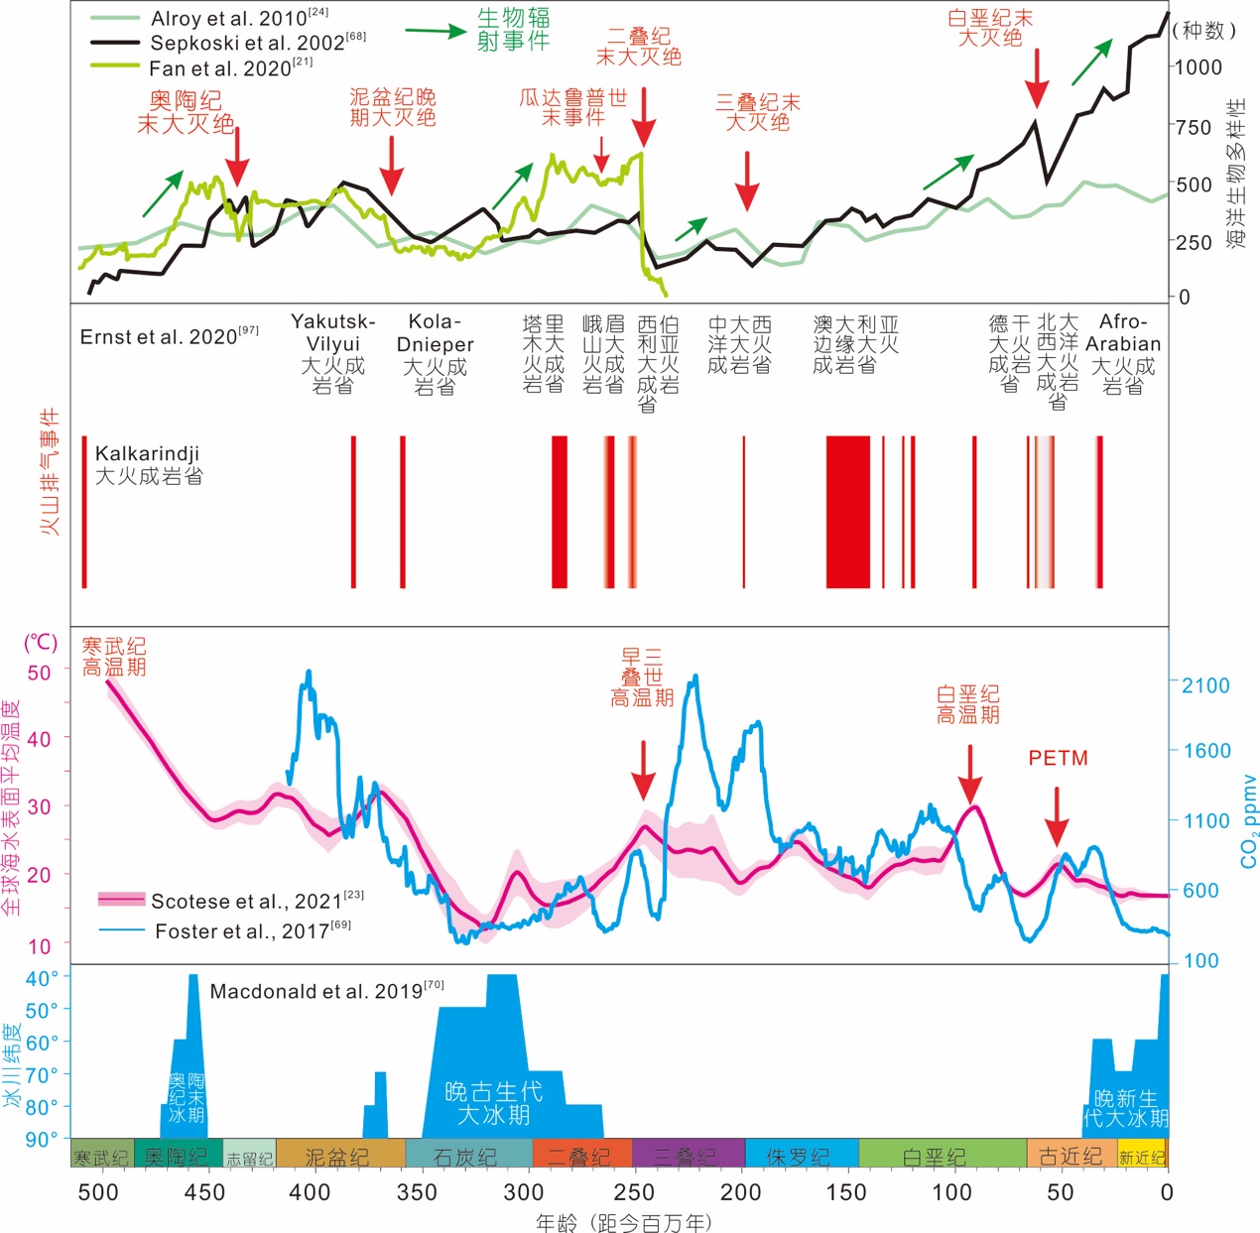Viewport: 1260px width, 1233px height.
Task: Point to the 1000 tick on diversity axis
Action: coord(1197,67)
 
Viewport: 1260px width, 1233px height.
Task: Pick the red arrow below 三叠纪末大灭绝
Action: coord(747,182)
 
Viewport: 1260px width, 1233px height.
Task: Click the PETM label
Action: coord(1058,758)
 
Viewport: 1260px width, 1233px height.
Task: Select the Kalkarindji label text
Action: coord(147,454)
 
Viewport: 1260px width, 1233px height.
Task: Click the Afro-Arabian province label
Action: coord(1122,343)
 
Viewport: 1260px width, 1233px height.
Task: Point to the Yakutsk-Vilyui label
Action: coord(332,332)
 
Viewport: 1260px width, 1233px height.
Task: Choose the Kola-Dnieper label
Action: coord(435,333)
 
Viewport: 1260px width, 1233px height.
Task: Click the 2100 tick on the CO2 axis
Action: coord(1204,685)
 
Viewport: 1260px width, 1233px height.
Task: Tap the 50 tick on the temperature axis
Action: coord(39,673)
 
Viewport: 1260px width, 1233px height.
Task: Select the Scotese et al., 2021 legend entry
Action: coord(256,901)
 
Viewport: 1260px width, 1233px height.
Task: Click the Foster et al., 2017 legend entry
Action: coord(252,930)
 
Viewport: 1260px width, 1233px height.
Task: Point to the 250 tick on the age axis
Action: coord(634,1191)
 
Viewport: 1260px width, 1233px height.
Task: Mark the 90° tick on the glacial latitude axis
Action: coord(41,1139)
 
